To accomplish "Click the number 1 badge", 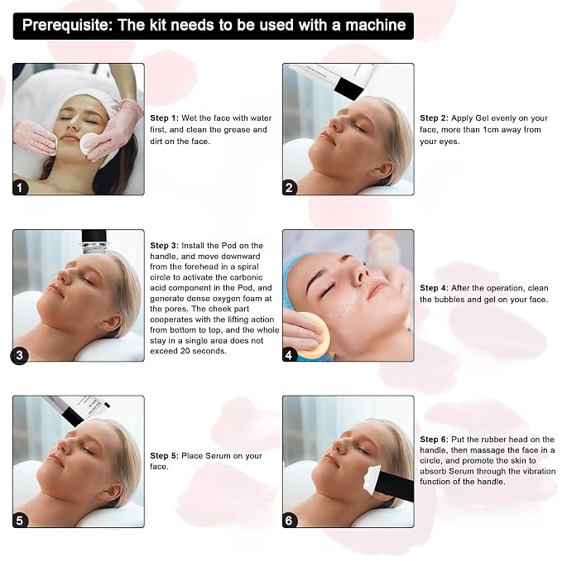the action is click(20, 187).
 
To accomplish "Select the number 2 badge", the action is click(289, 187).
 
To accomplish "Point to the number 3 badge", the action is click(19, 355).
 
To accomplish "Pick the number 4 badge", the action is click(289, 355).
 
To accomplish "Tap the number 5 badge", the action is click(20, 521).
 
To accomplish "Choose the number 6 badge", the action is click(289, 521).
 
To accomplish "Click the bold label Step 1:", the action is click(164, 118).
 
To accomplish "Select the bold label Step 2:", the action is click(434, 118).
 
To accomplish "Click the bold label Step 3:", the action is click(164, 246).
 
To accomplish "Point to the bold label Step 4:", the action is click(434, 288).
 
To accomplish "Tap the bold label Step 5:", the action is click(164, 455).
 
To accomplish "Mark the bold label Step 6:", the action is click(434, 439).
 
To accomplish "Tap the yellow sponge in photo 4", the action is click(313, 335).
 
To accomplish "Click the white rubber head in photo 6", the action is click(372, 478).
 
